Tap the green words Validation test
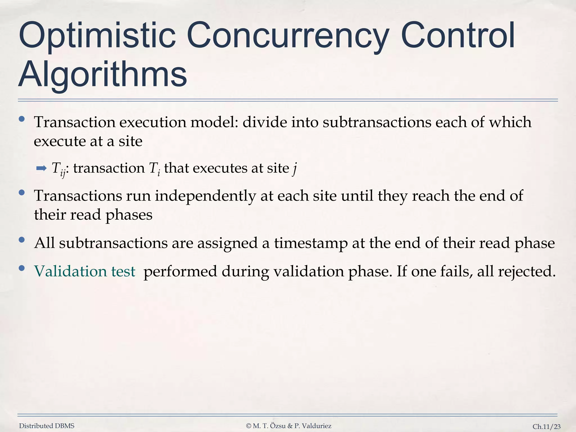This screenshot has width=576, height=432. [85, 271]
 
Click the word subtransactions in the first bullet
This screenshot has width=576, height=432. [377, 122]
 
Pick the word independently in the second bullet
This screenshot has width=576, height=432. [205, 196]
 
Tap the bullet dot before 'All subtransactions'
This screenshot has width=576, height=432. [21, 240]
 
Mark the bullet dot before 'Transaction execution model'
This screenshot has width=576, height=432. [21, 119]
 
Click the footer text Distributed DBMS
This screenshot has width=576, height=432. [47, 426]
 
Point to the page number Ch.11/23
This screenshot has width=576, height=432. [546, 427]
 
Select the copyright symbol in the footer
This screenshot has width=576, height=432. [248, 426]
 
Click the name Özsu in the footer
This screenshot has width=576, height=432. [278, 426]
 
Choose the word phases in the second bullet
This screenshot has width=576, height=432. [129, 215]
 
